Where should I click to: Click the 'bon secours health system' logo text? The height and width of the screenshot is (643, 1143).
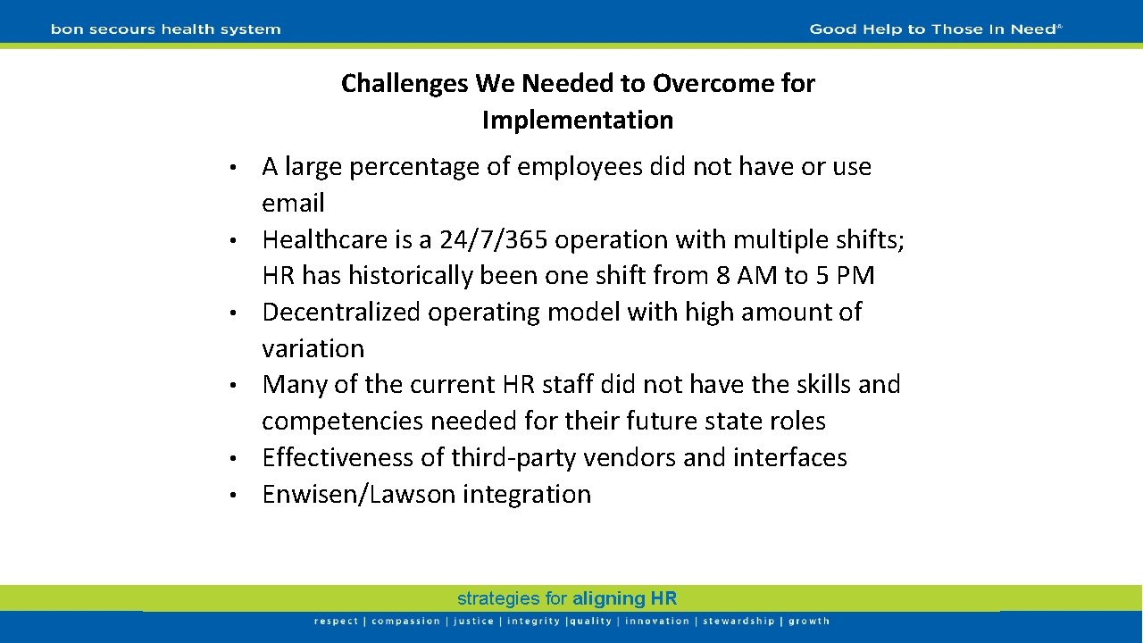pos(165,29)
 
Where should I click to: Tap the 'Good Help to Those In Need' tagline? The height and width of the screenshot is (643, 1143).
pos(935,29)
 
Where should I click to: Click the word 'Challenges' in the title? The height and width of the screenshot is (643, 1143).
pos(405,83)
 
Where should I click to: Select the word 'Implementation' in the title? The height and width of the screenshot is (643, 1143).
pos(578,120)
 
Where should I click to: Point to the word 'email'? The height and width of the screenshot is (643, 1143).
pos(293,203)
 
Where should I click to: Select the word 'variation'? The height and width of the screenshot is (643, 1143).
pos(313,348)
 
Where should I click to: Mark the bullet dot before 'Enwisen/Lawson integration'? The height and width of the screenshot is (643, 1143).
pos(230,495)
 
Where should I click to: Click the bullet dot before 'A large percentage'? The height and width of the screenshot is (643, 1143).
pos(230,168)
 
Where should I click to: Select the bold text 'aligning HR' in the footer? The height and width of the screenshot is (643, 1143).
pos(624,598)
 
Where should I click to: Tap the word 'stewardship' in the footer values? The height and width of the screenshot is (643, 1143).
pos(738,622)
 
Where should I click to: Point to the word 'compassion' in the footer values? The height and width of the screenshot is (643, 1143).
pos(405,622)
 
